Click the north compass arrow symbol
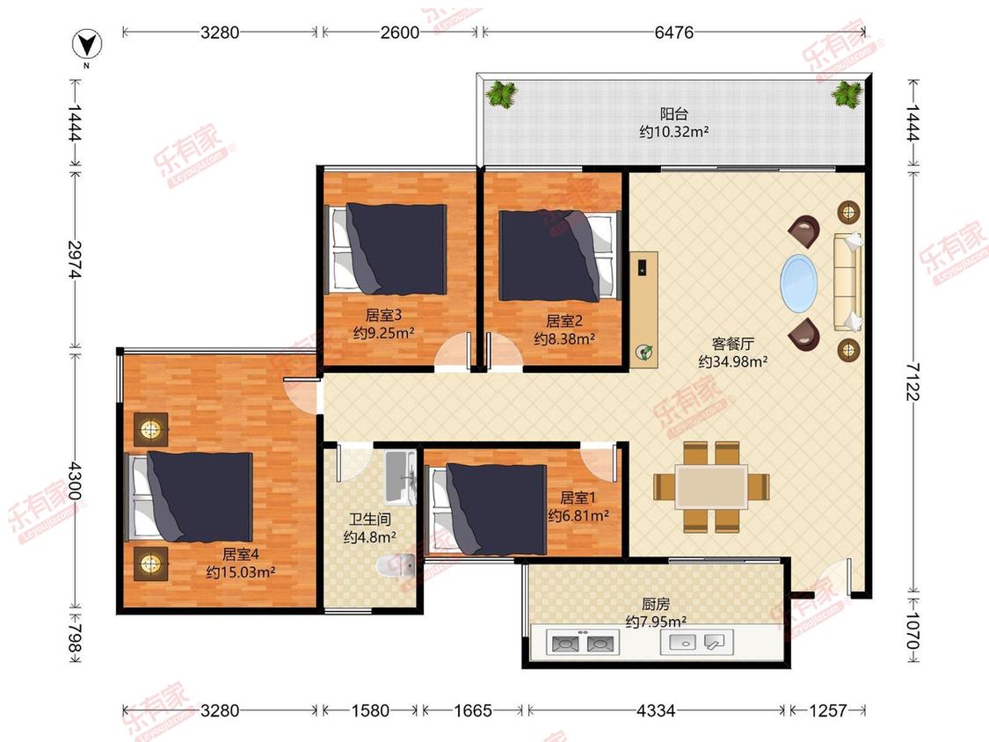click(x=87, y=45)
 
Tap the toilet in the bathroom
click(x=396, y=565)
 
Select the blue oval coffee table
click(x=799, y=283)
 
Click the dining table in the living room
click(x=711, y=486)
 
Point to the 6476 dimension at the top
click(x=673, y=32)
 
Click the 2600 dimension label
click(x=400, y=32)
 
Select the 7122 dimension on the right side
click(x=913, y=381)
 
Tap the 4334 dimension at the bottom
click(x=656, y=710)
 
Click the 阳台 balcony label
click(x=673, y=113)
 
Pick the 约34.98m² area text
click(x=733, y=361)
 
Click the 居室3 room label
click(x=383, y=314)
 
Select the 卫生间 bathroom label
click(x=370, y=520)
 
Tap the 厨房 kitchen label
click(x=656, y=604)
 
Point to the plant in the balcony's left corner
click(x=501, y=95)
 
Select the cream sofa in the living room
click(x=847, y=282)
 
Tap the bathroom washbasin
click(x=400, y=477)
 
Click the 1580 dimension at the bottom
click(x=369, y=710)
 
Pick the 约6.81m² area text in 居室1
click(x=578, y=515)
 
